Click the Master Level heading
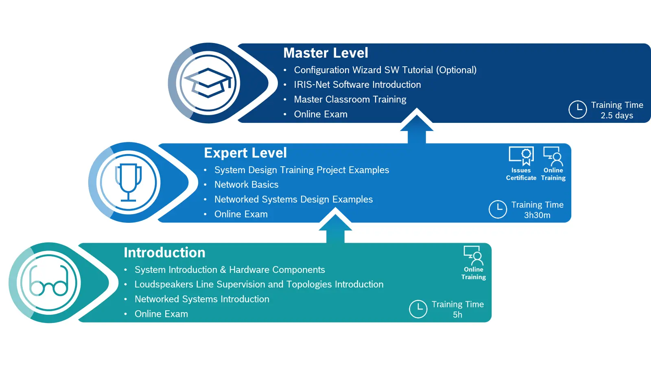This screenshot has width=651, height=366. (325, 53)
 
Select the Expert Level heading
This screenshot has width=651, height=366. (245, 153)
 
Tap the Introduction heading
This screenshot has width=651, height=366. (164, 253)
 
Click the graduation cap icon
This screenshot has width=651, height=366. (208, 83)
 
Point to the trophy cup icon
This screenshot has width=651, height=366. (128, 182)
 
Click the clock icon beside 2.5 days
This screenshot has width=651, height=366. (577, 109)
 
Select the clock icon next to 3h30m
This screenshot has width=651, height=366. (498, 209)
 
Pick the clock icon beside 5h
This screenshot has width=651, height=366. (418, 309)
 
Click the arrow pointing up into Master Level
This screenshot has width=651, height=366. (417, 126)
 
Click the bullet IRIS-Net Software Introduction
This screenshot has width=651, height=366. (357, 85)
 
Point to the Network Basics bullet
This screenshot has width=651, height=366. (246, 185)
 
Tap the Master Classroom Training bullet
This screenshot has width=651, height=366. (350, 99)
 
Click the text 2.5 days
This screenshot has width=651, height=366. (617, 115)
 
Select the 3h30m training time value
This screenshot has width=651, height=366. (537, 215)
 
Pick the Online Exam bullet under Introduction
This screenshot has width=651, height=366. (161, 314)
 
